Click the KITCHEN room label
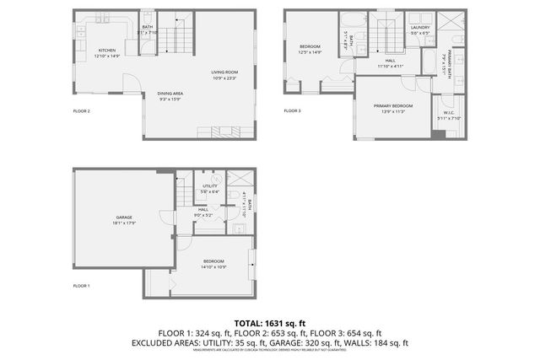[x=107, y=51]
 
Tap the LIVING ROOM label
[x=224, y=72]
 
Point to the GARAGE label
[x=124, y=218]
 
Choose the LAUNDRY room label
[x=420, y=28]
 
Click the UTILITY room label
[x=210, y=186]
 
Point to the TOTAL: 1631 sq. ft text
[x=270, y=323]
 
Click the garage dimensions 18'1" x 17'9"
[x=124, y=224]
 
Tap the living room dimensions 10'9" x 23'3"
[x=224, y=78]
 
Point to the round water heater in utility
[x=216, y=179]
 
